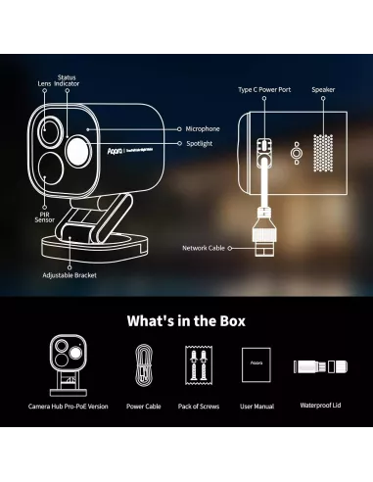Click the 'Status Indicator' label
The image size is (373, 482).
pos(67,79)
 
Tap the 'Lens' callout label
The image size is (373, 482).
pos(44,84)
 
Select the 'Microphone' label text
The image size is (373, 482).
pos(203,128)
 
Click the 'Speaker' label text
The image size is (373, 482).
pos(324,89)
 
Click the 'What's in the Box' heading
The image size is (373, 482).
pos(186,320)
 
